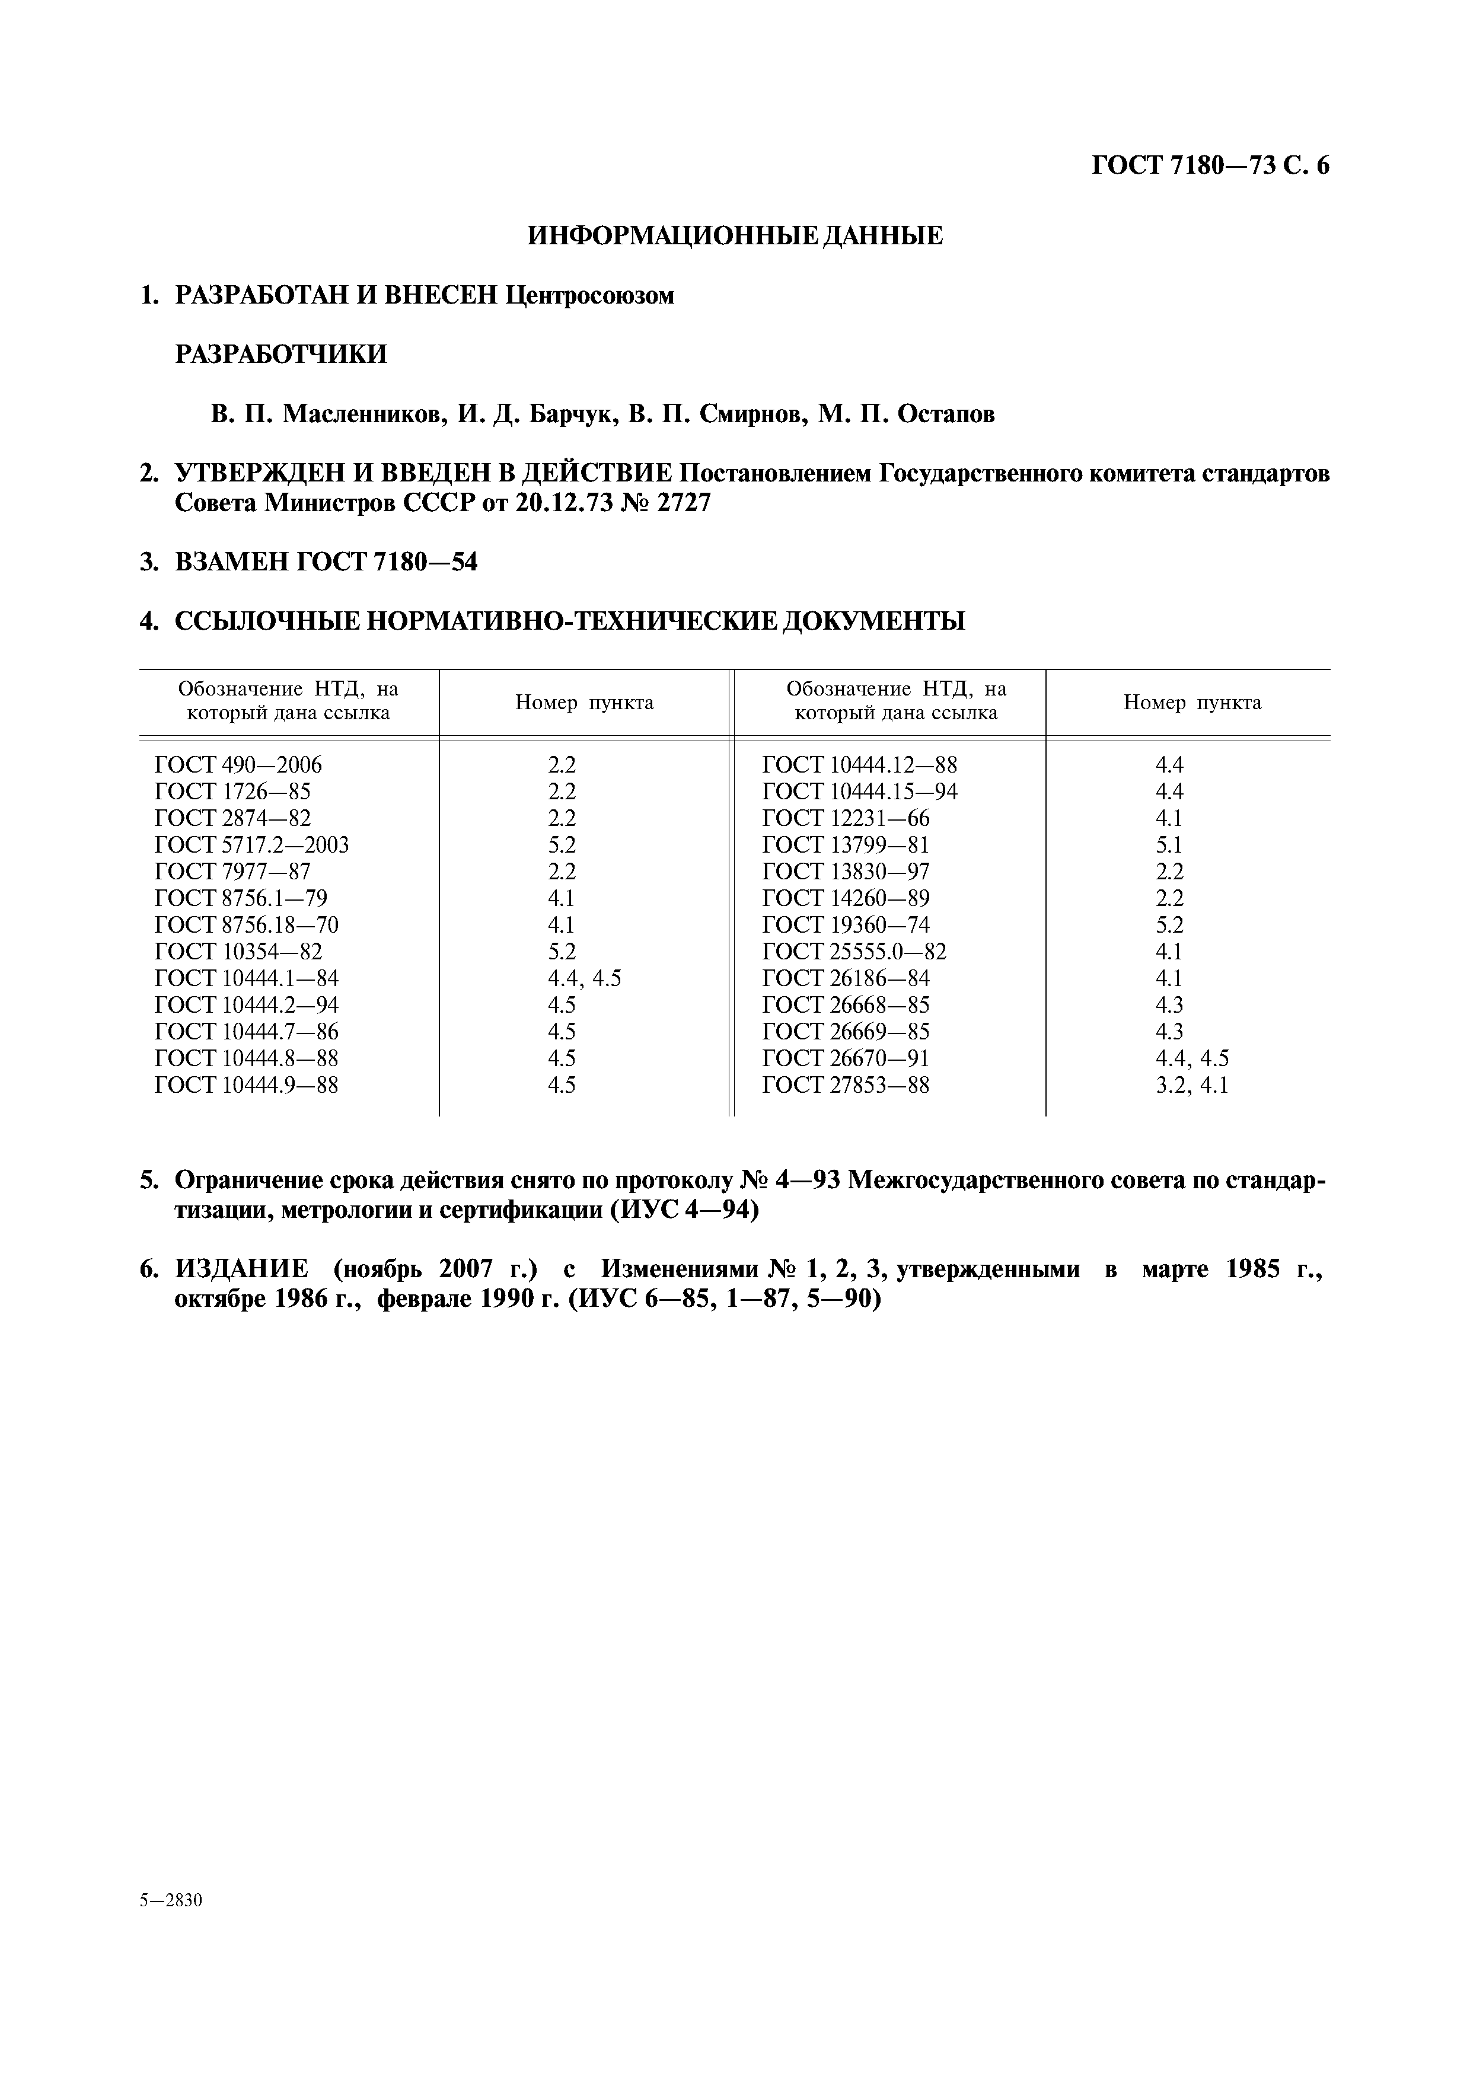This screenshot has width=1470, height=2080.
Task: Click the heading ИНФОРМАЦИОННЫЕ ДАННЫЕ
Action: (x=735, y=237)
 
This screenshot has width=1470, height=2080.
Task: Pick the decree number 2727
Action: (x=684, y=503)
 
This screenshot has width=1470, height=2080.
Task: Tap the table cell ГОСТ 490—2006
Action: (x=238, y=765)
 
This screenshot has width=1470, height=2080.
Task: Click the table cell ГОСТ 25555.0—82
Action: (x=854, y=952)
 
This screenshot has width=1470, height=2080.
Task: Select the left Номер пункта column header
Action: (x=584, y=703)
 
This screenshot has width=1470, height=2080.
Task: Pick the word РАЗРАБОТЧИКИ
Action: (x=280, y=354)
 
